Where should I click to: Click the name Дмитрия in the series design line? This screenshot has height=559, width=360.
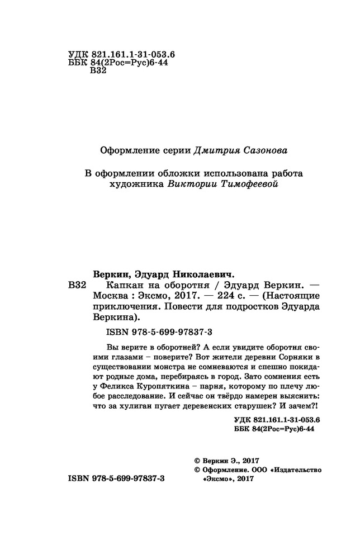[216, 150]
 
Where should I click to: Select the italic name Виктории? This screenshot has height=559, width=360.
[191, 184]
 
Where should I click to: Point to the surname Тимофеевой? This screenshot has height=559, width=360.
[247, 184]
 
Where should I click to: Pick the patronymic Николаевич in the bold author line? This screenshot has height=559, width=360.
[199, 274]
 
